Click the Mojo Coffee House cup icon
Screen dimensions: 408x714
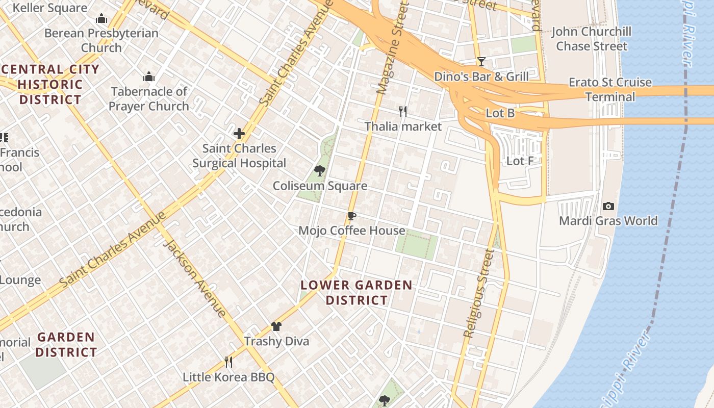tap(351, 216)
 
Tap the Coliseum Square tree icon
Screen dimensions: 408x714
tap(320, 171)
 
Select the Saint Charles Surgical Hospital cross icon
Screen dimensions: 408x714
tap(239, 134)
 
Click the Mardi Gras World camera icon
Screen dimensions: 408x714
tap(608, 206)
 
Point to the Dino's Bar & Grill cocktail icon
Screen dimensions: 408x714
tap(481, 62)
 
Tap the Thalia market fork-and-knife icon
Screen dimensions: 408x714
tap(403, 111)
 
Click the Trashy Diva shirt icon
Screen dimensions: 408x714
tap(276, 326)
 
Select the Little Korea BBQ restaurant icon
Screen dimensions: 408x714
tap(228, 362)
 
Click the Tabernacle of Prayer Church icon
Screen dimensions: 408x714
tap(149, 77)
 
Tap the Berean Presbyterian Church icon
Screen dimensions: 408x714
tap(101, 19)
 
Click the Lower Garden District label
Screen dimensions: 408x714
tap(356, 292)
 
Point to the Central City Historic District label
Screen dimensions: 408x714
tap(50, 84)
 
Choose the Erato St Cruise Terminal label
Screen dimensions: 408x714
tap(610, 89)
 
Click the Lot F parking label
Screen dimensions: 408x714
tap(520, 161)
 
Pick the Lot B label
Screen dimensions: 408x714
tap(500, 113)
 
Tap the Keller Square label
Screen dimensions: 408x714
tap(49, 8)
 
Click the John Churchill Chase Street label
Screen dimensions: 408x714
tap(591, 39)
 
